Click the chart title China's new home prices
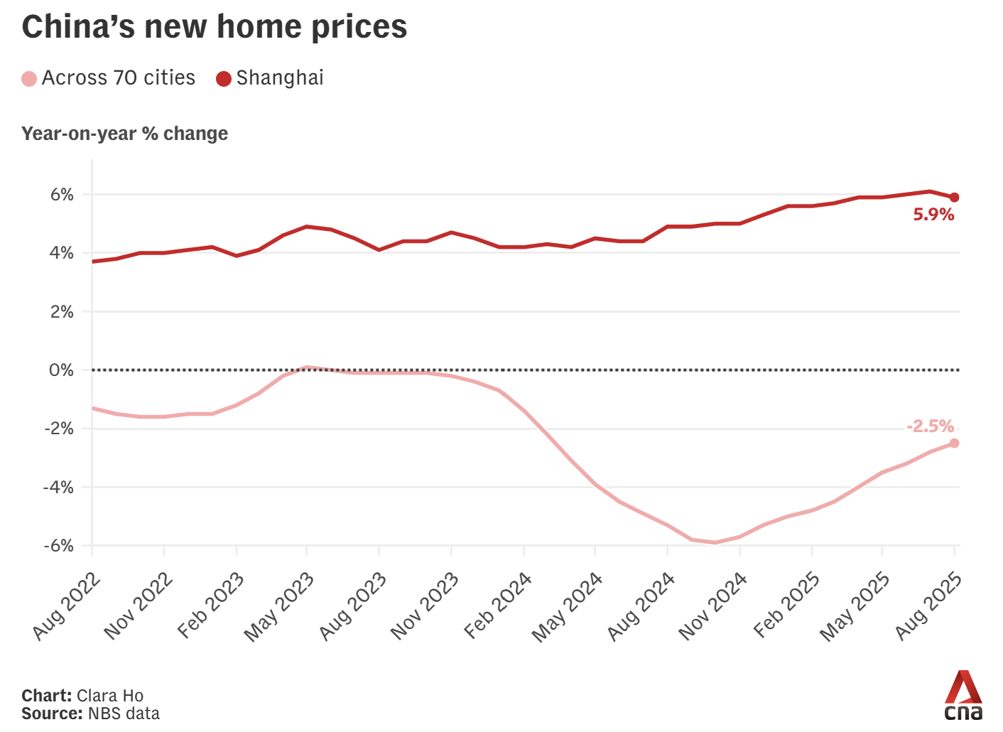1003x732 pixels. click(x=214, y=27)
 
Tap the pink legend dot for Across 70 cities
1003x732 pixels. click(x=29, y=79)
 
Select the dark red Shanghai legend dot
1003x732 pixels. click(x=224, y=79)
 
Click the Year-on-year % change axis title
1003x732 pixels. click(x=125, y=134)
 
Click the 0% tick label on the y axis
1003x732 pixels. click(x=62, y=370)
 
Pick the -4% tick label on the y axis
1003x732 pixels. click(x=58, y=488)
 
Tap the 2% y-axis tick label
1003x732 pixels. click(x=62, y=312)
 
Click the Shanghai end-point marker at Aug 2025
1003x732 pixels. click(x=954, y=198)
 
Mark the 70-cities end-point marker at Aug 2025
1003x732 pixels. click(x=954, y=443)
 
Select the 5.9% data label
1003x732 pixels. click(x=933, y=215)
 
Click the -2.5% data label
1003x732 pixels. click(x=930, y=426)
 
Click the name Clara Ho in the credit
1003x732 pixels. click(x=109, y=696)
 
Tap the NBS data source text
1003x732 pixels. click(x=124, y=714)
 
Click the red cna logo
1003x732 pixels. click(x=963, y=696)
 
